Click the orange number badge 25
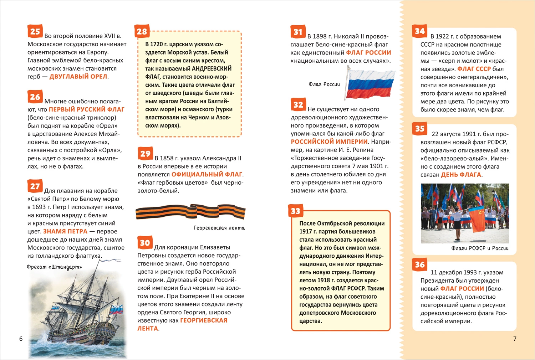[x=35, y=31]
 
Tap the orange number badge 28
[x=142, y=31]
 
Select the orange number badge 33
[x=296, y=211]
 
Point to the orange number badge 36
[x=420, y=264]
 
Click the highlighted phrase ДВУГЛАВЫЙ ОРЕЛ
[x=78, y=77]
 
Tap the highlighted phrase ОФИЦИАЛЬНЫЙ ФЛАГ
[x=207, y=174]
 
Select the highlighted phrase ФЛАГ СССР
[x=474, y=69]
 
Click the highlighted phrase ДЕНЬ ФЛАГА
[x=461, y=175]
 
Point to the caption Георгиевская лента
[x=219, y=228]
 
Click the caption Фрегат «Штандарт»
[x=54, y=267]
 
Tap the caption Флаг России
[x=324, y=84]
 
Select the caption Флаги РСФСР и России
[x=480, y=248]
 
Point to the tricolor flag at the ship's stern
[x=116, y=309]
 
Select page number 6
[x=21, y=339]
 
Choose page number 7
[x=515, y=339]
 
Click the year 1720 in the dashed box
[x=157, y=44]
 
